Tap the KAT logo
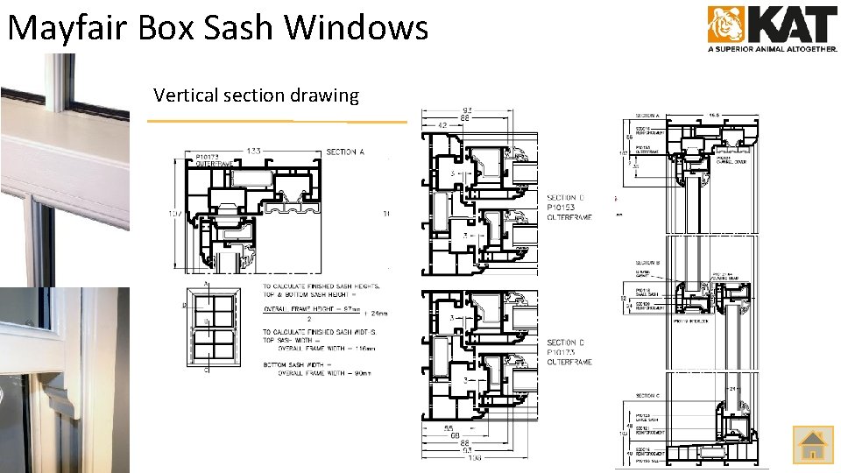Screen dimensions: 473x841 [771, 25]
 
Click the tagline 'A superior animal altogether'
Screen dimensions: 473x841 [772, 50]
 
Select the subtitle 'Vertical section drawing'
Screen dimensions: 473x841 [256, 95]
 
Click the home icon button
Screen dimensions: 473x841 [813, 445]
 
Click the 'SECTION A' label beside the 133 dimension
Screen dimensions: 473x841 [345, 152]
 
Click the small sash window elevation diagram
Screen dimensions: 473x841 [211, 322]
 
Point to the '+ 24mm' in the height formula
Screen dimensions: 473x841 [379, 312]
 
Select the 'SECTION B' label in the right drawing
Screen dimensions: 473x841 [648, 262]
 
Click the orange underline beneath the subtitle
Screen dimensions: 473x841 [277, 120]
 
